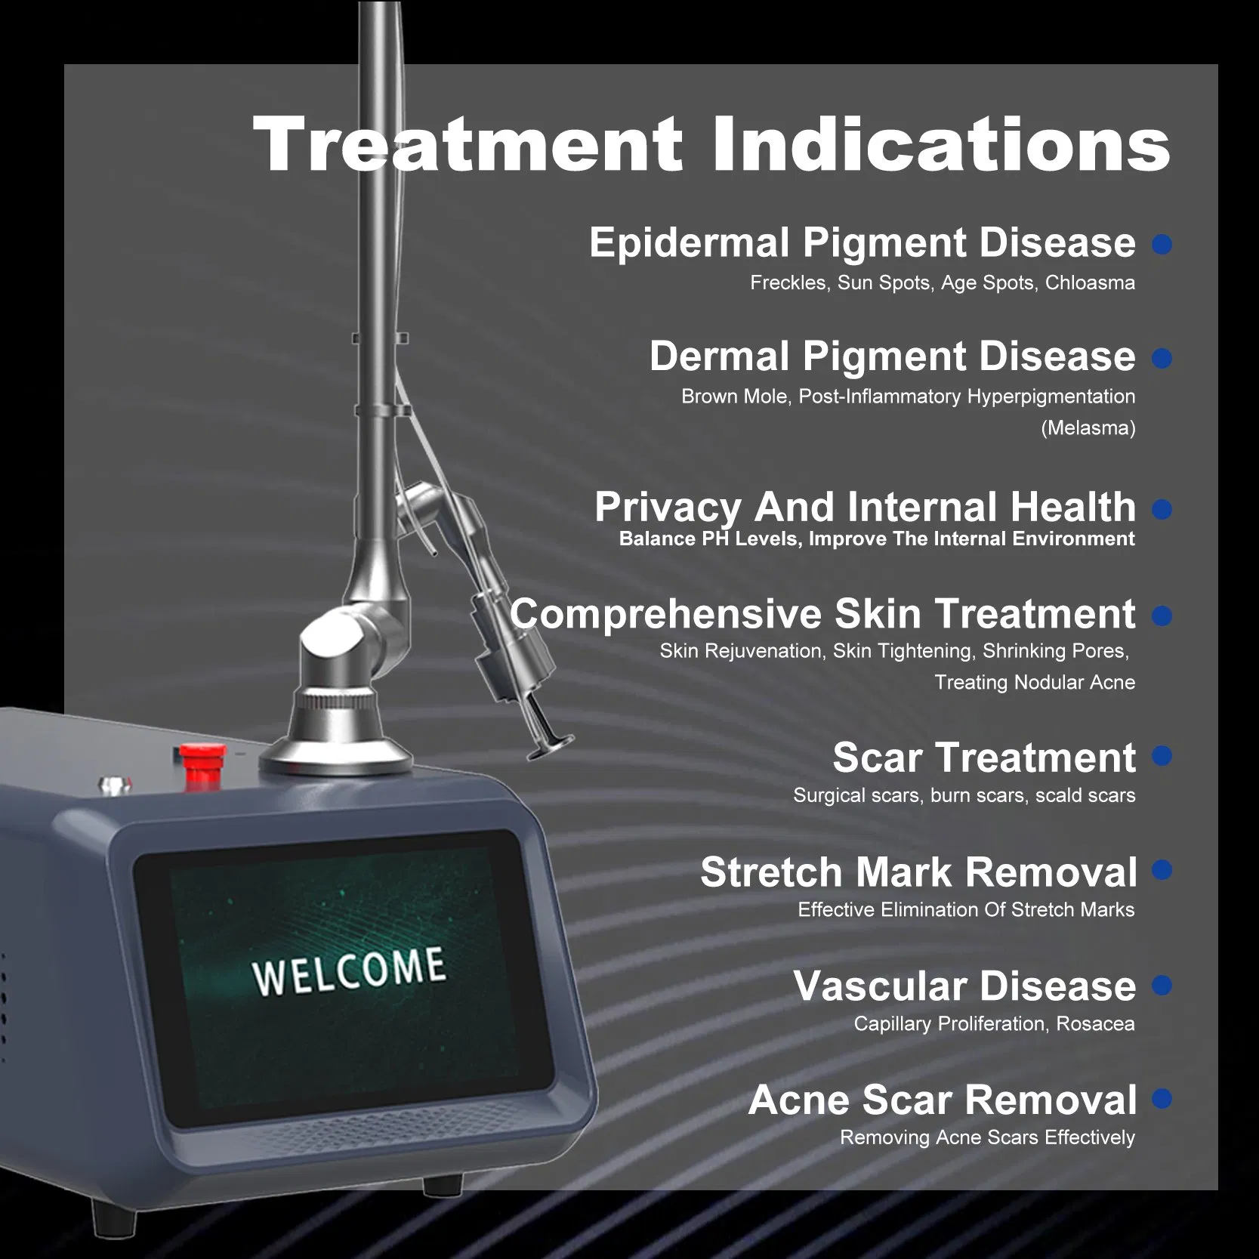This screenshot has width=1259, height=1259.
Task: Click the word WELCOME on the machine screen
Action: pyautogui.click(x=348, y=971)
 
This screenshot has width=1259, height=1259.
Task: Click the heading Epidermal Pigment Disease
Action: pyautogui.click(x=862, y=243)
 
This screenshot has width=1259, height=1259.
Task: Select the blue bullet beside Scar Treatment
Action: pyautogui.click(x=1162, y=756)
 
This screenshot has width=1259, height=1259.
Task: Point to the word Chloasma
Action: pyautogui.click(x=1089, y=283)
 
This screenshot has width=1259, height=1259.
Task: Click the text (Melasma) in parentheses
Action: pyautogui.click(x=1088, y=428)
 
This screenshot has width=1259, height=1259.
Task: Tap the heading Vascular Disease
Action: pyautogui.click(x=964, y=986)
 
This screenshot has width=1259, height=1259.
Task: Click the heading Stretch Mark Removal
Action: pyautogui.click(x=918, y=872)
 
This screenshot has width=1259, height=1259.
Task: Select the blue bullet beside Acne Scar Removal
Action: pyautogui.click(x=1162, y=1099)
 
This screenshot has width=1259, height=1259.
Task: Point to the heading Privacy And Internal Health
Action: pyautogui.click(x=865, y=507)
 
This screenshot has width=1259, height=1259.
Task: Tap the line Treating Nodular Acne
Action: pyautogui.click(x=1035, y=683)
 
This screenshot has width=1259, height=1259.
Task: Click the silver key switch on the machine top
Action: pyautogui.click(x=113, y=783)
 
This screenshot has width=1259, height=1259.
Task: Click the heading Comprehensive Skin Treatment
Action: pyautogui.click(x=822, y=614)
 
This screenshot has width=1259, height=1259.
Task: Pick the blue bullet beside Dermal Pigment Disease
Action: pyautogui.click(x=1162, y=358)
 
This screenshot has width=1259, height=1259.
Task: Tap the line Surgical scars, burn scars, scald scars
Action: pyautogui.click(x=964, y=795)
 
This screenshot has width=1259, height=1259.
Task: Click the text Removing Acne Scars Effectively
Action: pyautogui.click(x=987, y=1137)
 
